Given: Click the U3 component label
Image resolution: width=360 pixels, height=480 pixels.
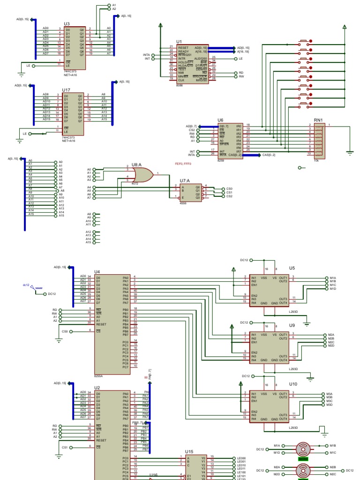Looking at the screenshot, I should [x=67, y=23].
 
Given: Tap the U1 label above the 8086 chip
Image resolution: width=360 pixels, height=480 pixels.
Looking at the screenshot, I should [x=179, y=42].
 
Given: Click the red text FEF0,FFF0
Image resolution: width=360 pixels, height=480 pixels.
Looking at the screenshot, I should [x=183, y=164].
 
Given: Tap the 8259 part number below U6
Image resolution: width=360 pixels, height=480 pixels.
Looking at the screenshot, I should [x=220, y=160].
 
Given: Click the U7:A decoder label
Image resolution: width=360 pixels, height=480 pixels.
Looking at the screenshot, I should [x=185, y=180].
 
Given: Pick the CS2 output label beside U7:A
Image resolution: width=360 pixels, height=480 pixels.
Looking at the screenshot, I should [x=229, y=196].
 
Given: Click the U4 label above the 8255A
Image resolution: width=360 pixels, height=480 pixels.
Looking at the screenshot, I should [x=97, y=271].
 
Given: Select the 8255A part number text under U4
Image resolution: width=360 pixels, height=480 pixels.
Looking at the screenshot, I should [x=98, y=375].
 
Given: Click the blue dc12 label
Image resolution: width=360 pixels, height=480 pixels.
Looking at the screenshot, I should [x=26, y=285].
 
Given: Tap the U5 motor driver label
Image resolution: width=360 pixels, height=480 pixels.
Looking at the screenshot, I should [x=292, y=268].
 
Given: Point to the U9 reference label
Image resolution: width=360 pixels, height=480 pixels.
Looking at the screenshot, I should [x=292, y=325].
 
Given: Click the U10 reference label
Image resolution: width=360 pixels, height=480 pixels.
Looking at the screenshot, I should [x=292, y=384].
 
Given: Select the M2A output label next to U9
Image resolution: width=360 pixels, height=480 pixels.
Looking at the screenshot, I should [x=330, y=335].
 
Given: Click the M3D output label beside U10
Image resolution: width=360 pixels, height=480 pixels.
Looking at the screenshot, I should [x=329, y=405].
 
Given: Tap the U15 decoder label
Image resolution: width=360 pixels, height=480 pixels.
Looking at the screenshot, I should [x=189, y=451].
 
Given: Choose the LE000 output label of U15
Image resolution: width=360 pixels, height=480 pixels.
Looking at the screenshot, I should [x=241, y=458].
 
